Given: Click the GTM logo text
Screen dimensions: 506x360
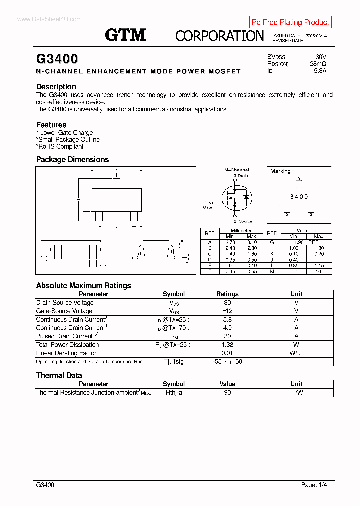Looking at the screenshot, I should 125,34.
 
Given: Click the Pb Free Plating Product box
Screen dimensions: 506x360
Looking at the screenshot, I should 290,22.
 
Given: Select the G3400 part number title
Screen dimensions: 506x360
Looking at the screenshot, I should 57,59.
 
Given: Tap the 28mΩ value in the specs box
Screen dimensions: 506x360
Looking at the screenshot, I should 318,64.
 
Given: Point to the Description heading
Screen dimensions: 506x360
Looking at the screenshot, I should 56,87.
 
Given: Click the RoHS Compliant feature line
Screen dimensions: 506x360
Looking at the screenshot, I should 60,147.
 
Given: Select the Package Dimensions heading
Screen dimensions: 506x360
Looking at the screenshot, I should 72,160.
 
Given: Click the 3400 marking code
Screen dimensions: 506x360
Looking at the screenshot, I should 299,197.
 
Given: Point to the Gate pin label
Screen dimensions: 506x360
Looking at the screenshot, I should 208,207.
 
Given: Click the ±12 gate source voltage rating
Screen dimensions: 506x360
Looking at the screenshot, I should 227,311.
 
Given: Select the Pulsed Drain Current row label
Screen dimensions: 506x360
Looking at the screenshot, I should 64,336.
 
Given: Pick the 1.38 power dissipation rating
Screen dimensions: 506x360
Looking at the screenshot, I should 227,345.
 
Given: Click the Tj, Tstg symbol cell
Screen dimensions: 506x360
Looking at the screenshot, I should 174,362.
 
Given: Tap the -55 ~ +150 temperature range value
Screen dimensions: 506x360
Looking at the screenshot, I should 227,362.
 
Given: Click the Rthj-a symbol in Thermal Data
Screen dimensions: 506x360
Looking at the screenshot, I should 174,393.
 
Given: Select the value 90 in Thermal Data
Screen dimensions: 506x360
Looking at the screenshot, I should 227,393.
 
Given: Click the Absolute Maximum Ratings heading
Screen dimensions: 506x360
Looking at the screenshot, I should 84,286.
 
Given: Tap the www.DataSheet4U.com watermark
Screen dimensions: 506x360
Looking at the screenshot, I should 49,19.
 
